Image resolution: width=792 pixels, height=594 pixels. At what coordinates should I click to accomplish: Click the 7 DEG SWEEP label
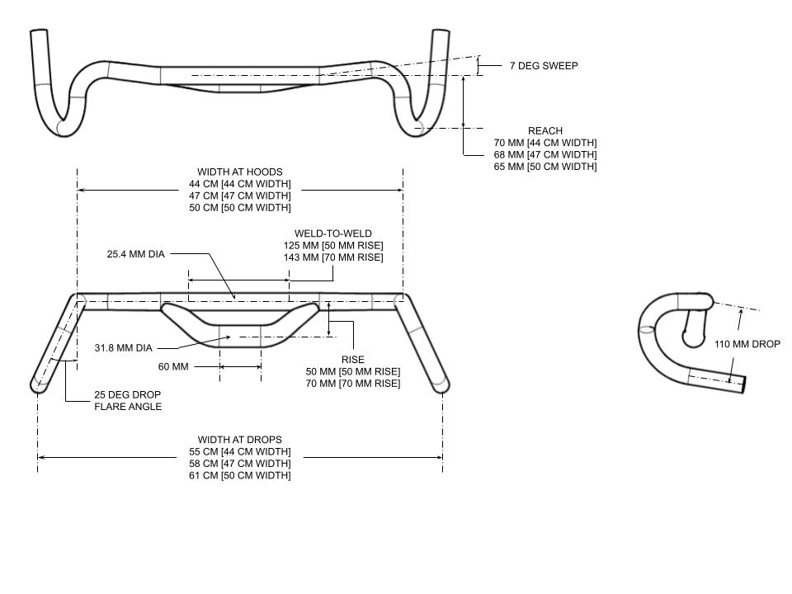(543, 65)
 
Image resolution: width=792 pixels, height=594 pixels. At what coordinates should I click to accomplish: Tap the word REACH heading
(544, 131)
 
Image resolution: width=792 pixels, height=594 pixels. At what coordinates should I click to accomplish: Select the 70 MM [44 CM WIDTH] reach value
(544, 143)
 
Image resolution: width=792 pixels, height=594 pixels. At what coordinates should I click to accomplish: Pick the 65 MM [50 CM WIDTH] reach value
(544, 167)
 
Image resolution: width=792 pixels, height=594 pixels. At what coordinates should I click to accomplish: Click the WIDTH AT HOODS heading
(239, 172)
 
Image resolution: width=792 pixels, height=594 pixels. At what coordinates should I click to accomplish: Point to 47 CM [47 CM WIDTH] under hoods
(239, 196)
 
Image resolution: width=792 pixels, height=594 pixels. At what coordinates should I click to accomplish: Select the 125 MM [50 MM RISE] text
(338, 246)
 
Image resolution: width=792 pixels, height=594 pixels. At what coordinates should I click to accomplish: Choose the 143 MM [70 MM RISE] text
(338, 257)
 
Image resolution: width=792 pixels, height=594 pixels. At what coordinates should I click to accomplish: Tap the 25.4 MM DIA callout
(135, 254)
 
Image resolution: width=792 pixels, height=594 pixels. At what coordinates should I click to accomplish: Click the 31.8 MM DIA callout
(124, 348)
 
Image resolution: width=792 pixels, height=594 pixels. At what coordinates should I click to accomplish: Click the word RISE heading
(352, 360)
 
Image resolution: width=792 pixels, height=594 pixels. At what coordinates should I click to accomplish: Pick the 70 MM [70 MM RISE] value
(352, 384)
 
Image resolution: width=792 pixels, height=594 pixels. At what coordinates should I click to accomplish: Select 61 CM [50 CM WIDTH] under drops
(239, 475)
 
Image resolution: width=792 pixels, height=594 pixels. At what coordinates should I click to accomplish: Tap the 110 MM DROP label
(747, 345)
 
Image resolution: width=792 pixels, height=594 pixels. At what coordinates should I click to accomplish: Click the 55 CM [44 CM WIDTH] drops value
(239, 452)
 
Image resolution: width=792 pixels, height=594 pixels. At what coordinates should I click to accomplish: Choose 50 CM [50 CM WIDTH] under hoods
(239, 208)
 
